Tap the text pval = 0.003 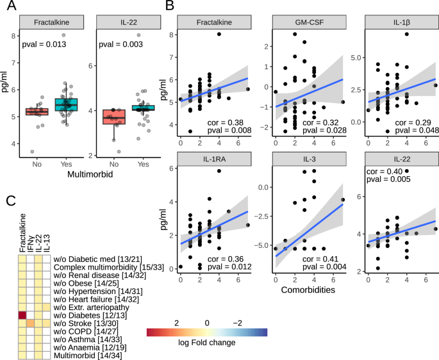pos(119,44)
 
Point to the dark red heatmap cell pos(23,315)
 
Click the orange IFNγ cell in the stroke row pos(30,323)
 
